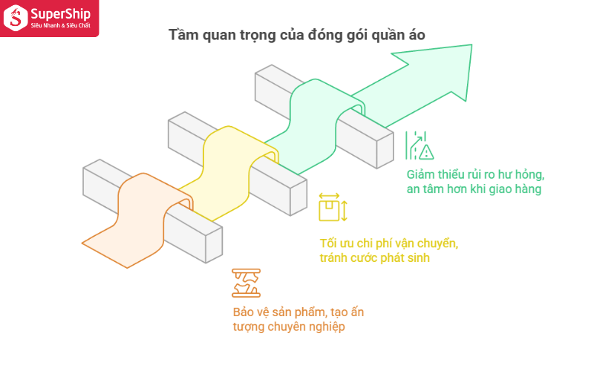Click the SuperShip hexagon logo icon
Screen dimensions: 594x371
15,18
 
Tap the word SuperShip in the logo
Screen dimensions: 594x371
61,14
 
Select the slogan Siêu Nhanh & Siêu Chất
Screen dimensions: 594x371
61,25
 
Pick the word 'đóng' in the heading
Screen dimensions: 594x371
324,35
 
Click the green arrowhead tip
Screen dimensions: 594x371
471,45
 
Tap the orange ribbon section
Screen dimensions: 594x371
138,220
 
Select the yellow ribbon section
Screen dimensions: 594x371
227,171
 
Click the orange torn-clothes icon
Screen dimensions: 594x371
247,283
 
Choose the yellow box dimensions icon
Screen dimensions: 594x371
333,207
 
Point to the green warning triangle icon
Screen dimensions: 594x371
426,152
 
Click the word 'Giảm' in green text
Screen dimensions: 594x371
421,174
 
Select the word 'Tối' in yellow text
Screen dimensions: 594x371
328,243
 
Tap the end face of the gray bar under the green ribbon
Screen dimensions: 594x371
385,151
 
